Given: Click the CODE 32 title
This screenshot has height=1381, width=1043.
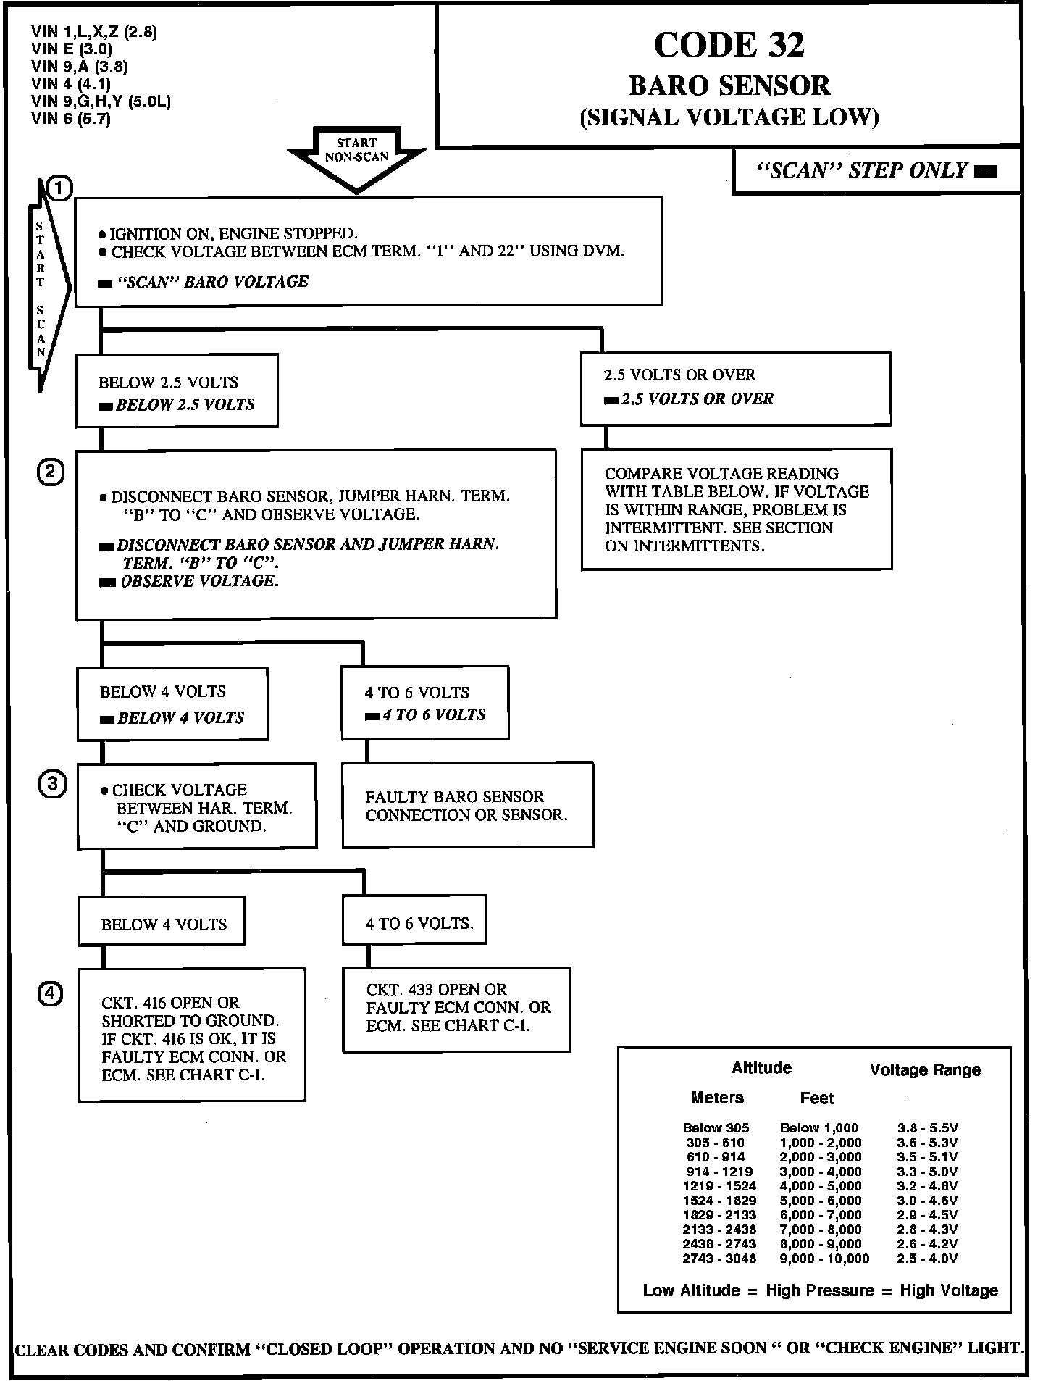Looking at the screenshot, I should pyautogui.click(x=729, y=45).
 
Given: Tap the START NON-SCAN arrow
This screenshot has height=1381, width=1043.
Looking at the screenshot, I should pyautogui.click(x=356, y=155).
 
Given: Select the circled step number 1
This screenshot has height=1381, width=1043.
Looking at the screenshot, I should pyautogui.click(x=59, y=188).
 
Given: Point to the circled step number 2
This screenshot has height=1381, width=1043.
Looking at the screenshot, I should pyautogui.click(x=51, y=472).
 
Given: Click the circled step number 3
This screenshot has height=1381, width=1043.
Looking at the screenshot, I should pyautogui.click(x=52, y=785).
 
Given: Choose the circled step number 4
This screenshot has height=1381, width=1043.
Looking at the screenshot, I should pyautogui.click(x=50, y=994).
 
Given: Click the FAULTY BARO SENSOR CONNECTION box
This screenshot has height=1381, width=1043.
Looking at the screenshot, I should pyautogui.click(x=467, y=805).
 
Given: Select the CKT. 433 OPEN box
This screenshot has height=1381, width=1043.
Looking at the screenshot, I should pyautogui.click(x=456, y=1009).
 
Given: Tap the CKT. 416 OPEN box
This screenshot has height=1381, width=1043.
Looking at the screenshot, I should pyautogui.click(x=192, y=1035).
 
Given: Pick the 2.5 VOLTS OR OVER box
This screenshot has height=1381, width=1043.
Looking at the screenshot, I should pyautogui.click(x=735, y=388).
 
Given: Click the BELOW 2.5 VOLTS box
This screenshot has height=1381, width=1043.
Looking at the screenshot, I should pyautogui.click(x=177, y=391).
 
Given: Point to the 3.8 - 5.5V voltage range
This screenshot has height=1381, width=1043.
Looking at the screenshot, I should pyautogui.click(x=927, y=1128).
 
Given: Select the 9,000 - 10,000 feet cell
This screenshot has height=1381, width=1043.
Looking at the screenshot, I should pyautogui.click(x=824, y=1259).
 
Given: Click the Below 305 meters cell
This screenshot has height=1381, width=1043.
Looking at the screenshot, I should pyautogui.click(x=716, y=1128).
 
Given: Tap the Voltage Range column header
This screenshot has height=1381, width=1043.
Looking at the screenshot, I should pyautogui.click(x=925, y=1070).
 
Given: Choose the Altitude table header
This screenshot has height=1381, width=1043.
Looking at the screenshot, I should pyautogui.click(x=761, y=1068).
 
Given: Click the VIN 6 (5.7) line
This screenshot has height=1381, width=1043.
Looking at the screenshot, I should pyautogui.click(x=70, y=119).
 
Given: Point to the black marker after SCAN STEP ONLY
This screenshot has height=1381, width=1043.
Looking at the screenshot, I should pyautogui.click(x=986, y=172).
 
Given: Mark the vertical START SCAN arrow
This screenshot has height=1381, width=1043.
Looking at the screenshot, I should pyautogui.click(x=48, y=290).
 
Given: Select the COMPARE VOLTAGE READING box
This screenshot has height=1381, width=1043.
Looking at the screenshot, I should pyautogui.click(x=736, y=509).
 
